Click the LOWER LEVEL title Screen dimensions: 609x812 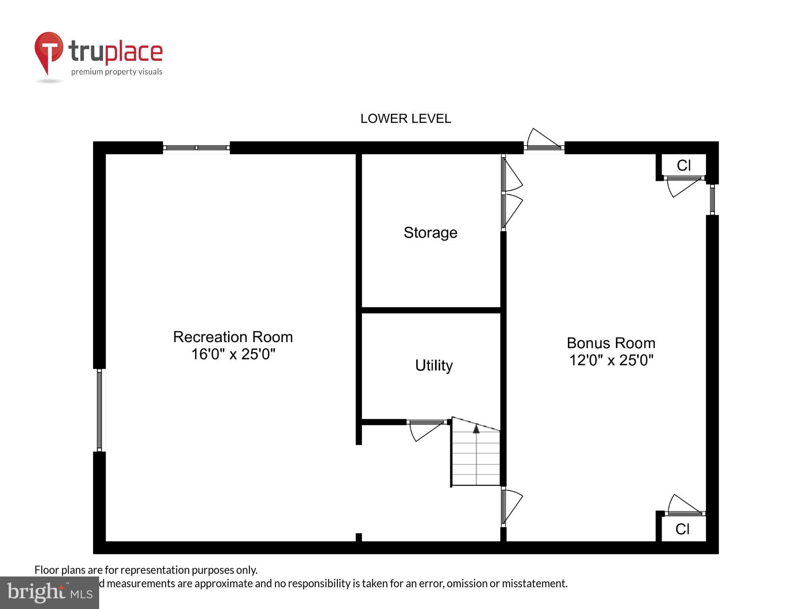[x=405, y=119]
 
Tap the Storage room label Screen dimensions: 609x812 [x=430, y=233]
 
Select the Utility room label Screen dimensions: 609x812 [x=434, y=365]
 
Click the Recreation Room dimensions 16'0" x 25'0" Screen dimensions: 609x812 [x=233, y=354]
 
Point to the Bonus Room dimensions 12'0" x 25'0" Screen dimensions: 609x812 [x=611, y=360]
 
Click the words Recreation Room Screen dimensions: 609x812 [x=233, y=337]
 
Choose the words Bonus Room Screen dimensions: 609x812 [x=611, y=343]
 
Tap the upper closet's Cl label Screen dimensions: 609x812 [x=684, y=165]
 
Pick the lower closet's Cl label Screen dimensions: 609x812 [x=682, y=529]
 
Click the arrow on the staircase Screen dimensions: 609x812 [x=476, y=428]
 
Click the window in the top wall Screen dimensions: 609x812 [x=196, y=148]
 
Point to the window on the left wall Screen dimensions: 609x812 [x=100, y=410]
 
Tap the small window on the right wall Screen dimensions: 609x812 [x=712, y=199]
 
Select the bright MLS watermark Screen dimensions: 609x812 [x=50, y=593]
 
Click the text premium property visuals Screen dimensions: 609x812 [x=117, y=72]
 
